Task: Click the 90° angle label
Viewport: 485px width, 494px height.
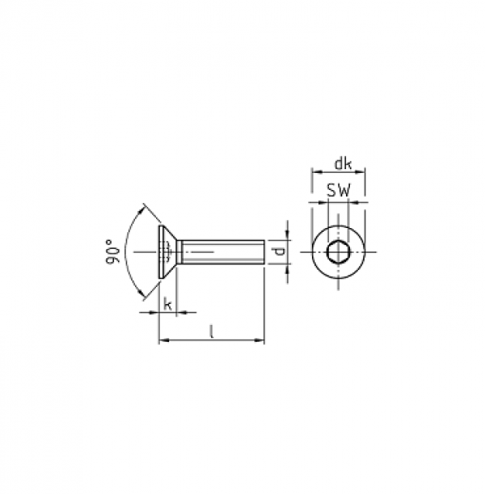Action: tap(112, 251)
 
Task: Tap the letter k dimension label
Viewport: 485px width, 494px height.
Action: tap(168, 305)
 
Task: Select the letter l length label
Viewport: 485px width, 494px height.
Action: tap(212, 332)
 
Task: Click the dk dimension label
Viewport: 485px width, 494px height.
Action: tap(343, 164)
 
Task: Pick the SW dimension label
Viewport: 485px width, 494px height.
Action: tap(338, 190)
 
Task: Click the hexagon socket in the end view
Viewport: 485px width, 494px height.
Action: tap(338, 252)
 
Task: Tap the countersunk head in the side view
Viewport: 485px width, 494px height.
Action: tap(167, 252)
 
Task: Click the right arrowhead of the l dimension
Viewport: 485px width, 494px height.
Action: tap(259, 340)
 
